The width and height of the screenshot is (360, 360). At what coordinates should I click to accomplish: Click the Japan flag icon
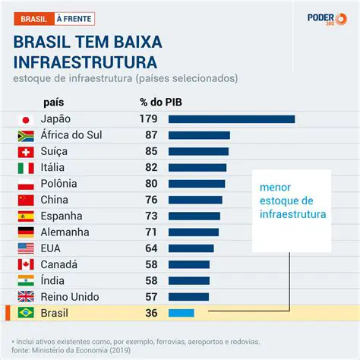(x=25, y=119)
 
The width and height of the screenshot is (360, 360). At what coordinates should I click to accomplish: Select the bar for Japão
(x=231, y=119)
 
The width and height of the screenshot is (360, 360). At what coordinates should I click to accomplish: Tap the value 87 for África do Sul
(x=147, y=135)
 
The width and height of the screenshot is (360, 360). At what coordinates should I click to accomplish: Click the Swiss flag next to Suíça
(x=25, y=151)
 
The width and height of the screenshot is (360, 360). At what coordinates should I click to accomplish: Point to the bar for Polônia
(x=196, y=183)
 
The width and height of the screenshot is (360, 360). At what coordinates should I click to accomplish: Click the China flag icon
(x=25, y=200)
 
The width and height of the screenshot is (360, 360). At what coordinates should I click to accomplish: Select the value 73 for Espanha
(x=147, y=216)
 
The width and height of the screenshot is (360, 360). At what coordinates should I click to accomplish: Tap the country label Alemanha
(x=67, y=232)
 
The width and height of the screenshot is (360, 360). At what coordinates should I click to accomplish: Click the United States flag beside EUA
(x=25, y=248)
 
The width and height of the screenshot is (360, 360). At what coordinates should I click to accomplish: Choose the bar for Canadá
(x=188, y=264)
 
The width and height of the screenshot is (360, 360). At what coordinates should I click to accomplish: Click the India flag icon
(x=25, y=280)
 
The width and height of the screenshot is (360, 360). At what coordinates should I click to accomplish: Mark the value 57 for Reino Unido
(x=147, y=296)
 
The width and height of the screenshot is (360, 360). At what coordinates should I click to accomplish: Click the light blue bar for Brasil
(x=181, y=313)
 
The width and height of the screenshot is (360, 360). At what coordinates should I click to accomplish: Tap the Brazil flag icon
(x=25, y=313)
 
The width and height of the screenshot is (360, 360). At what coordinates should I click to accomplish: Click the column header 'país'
(x=54, y=102)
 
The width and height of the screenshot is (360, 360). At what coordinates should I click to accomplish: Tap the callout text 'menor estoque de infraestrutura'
(x=292, y=201)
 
